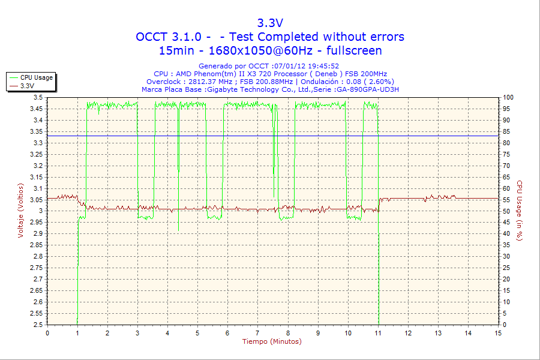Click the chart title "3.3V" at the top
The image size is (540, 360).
pyautogui.click(x=269, y=23)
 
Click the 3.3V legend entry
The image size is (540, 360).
pyautogui.click(x=27, y=86)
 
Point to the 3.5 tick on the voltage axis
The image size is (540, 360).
pyautogui.click(x=38, y=97)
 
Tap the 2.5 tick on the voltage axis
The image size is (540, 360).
pyautogui.click(x=38, y=325)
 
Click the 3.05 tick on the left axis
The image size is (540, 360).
pyautogui.click(x=36, y=199)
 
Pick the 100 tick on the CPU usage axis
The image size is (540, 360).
pyautogui.click(x=508, y=97)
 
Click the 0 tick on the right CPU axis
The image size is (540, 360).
pyautogui.click(x=505, y=325)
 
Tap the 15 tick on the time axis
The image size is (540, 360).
pyautogui.click(x=497, y=333)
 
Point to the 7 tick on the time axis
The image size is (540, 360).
pyautogui.click(x=257, y=333)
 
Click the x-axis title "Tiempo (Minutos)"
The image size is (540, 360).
pyautogui.click(x=272, y=341)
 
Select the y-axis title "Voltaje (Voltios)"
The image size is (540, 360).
pyautogui.click(x=21, y=210)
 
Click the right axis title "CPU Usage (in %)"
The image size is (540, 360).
pyautogui.click(x=520, y=210)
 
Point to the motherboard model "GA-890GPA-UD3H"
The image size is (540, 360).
pyautogui.click(x=367, y=89)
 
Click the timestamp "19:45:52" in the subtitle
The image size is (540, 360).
pyautogui.click(x=323, y=66)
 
